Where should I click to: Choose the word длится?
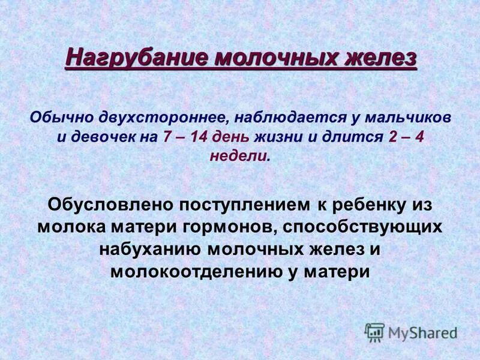pos(352,136)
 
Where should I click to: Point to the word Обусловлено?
pos(109,204)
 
